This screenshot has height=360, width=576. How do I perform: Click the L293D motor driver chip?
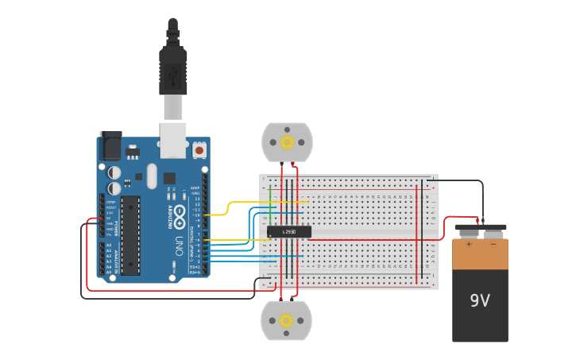click(288, 231)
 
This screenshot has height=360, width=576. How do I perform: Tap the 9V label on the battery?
click(480, 301)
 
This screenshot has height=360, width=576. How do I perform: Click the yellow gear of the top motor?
click(287, 142)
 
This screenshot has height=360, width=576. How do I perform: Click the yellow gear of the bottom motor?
click(286, 320)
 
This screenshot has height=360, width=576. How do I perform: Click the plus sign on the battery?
click(469, 243)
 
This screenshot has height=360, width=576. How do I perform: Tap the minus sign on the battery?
click(493, 243)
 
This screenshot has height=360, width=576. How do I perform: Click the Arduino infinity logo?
click(180, 213)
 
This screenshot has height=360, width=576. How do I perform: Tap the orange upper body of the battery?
click(480, 254)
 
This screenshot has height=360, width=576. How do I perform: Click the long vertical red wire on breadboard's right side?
click(419, 238)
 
